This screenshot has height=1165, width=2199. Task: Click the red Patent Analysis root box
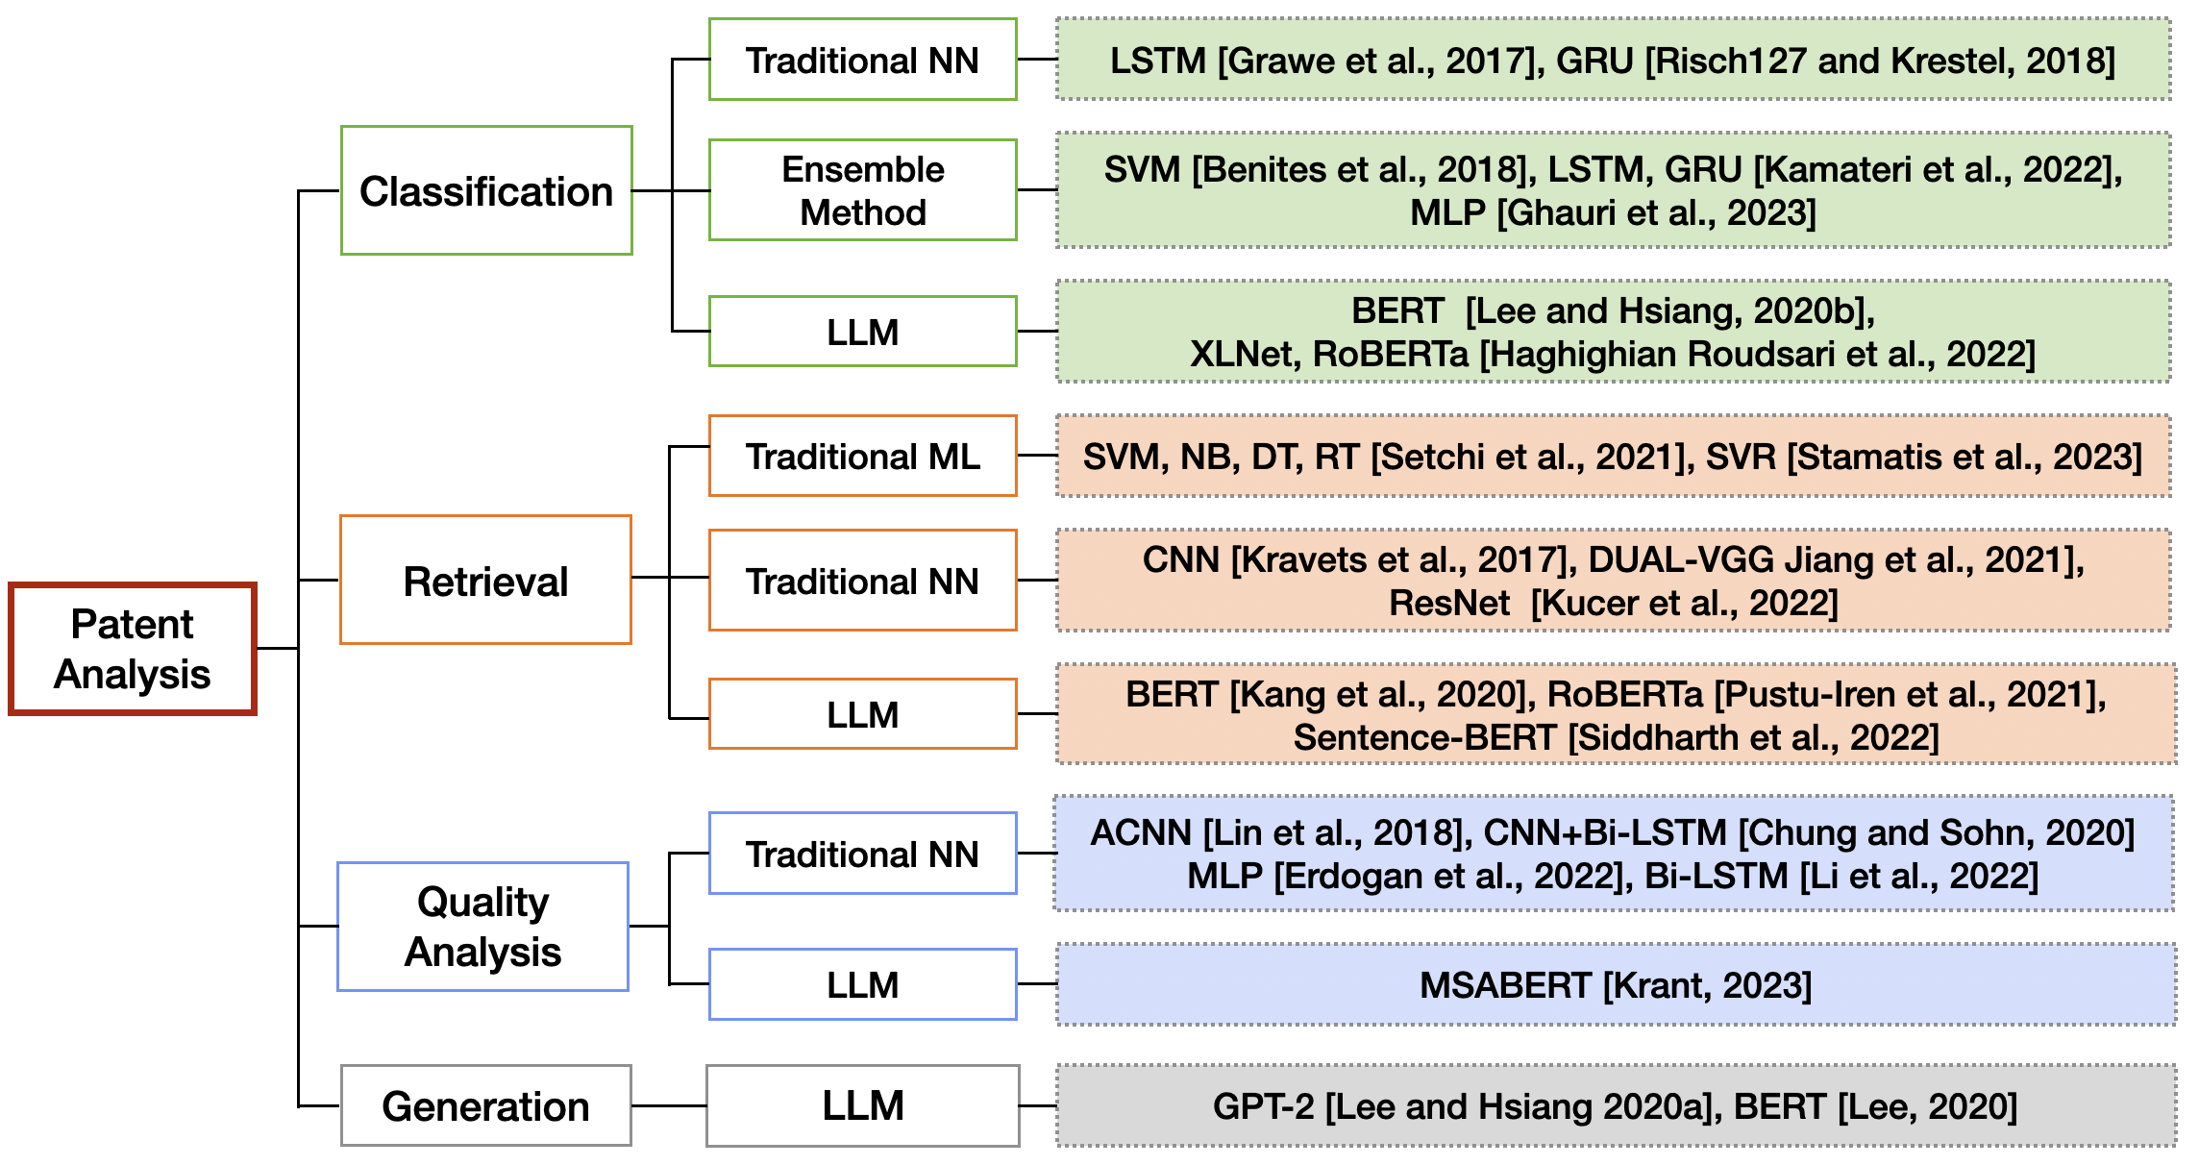(133, 649)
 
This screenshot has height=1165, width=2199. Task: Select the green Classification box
(486, 190)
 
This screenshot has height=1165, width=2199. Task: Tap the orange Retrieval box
(485, 580)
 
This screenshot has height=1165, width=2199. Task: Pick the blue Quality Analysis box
(482, 926)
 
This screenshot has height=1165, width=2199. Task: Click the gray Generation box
(485, 1105)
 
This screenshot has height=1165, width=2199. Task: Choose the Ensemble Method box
(862, 189)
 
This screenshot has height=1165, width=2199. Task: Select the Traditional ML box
(862, 456)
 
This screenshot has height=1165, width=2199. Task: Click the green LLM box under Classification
(862, 332)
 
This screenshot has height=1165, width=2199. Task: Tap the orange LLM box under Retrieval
(862, 713)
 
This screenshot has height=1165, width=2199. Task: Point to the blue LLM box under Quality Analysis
(862, 984)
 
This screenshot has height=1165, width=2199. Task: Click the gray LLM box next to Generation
(862, 1105)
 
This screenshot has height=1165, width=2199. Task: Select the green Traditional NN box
(862, 60)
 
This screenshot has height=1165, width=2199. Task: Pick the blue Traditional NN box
(862, 854)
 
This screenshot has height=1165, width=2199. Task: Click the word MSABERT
(1505, 985)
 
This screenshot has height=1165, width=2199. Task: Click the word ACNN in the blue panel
(1140, 832)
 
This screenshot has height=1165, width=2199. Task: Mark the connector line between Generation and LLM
(669, 1105)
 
